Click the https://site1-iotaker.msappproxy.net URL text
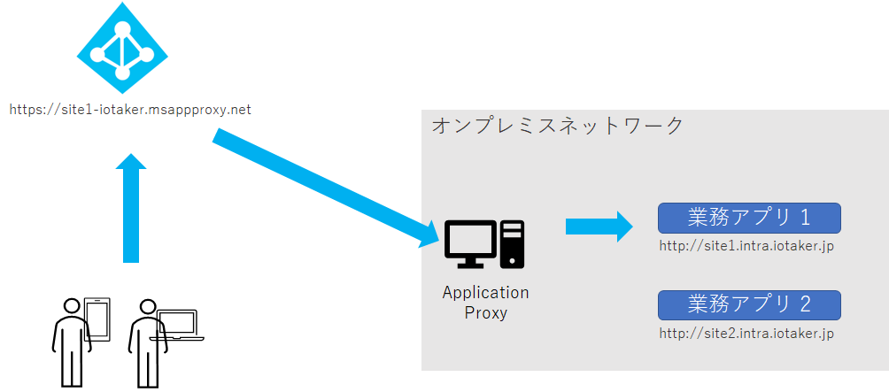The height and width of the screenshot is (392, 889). tap(130, 111)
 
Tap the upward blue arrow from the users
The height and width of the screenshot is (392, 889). tap(131, 209)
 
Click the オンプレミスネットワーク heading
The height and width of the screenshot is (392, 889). tap(557, 126)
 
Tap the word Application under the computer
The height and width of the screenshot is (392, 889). tap(485, 293)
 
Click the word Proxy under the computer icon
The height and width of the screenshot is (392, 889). tap(485, 312)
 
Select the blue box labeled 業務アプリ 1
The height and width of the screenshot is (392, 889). tap(748, 218)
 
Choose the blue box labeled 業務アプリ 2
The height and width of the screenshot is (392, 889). tap(748, 304)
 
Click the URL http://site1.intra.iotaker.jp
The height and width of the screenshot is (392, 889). tap(746, 245)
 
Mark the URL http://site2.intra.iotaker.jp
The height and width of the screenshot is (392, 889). tap(746, 334)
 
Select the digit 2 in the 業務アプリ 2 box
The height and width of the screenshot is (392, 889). tap(805, 304)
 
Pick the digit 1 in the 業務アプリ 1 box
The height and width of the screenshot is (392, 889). tap(805, 218)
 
